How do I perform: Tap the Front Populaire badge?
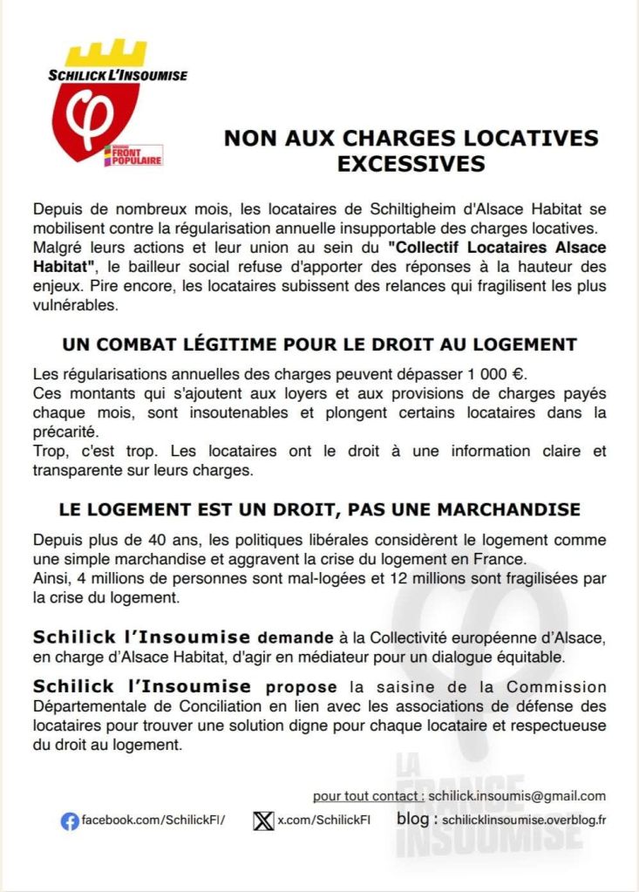[x=133, y=155]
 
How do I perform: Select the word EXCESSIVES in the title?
[x=411, y=163]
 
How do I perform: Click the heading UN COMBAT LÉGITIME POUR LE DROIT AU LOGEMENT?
[x=319, y=344]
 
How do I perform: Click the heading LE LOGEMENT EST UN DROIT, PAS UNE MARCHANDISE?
[x=319, y=508]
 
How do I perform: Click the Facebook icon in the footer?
[x=70, y=821]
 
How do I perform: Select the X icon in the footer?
[x=263, y=821]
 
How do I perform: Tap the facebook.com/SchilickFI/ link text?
[x=153, y=821]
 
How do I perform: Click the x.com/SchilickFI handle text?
[x=323, y=821]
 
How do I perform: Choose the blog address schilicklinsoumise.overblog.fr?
[x=524, y=821]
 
